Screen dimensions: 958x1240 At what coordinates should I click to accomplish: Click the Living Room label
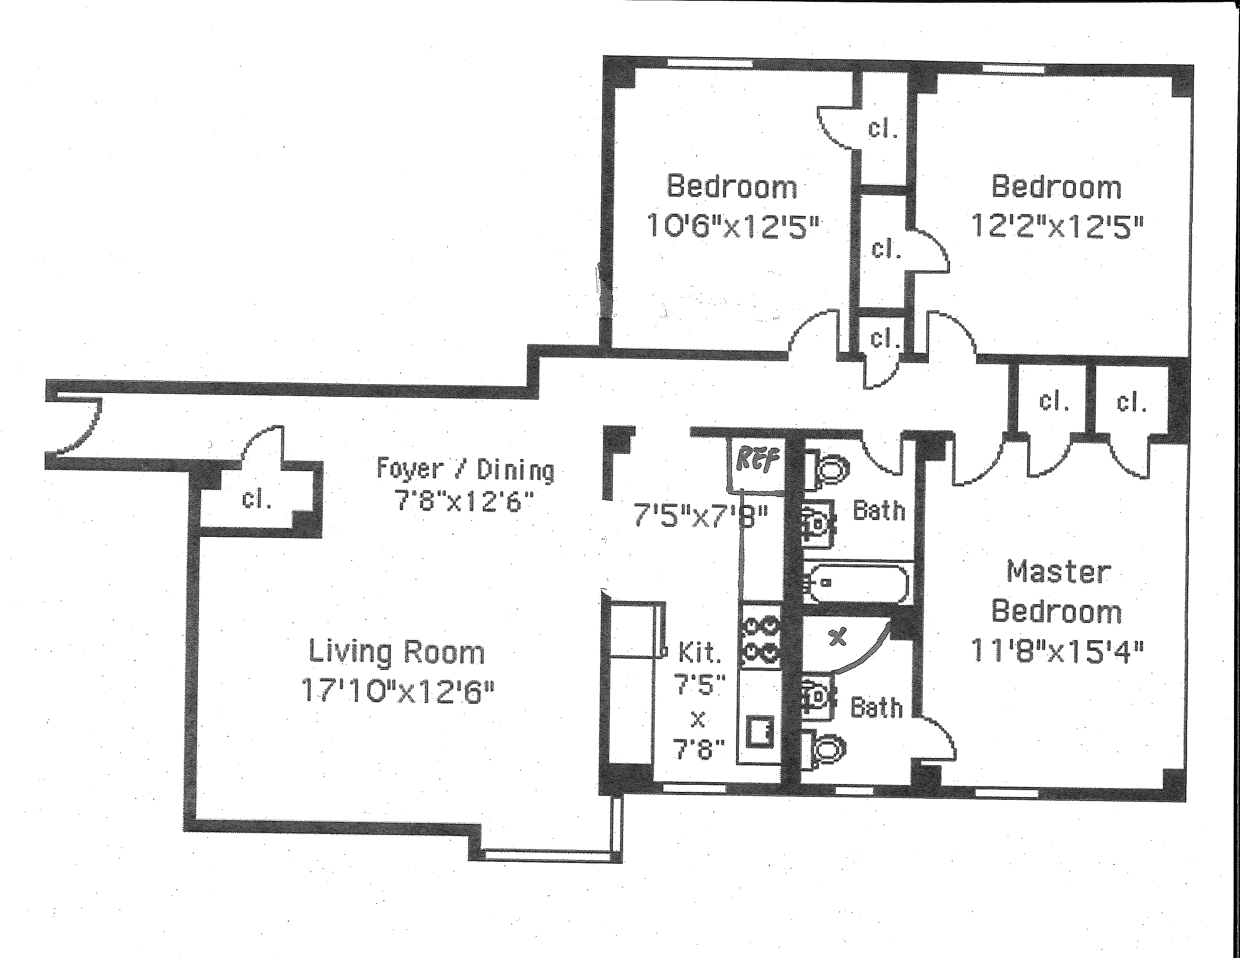(396, 652)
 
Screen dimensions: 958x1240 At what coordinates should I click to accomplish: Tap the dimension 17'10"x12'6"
(398, 691)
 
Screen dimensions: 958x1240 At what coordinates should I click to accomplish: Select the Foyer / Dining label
(465, 469)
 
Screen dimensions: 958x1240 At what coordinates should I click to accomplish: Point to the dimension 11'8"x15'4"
(1057, 651)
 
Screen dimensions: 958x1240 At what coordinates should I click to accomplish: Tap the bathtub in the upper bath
(857, 582)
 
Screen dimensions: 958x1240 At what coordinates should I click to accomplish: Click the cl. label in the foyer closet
(257, 499)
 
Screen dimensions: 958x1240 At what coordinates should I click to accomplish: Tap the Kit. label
(700, 653)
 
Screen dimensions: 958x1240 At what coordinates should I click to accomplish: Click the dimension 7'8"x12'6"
(464, 502)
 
